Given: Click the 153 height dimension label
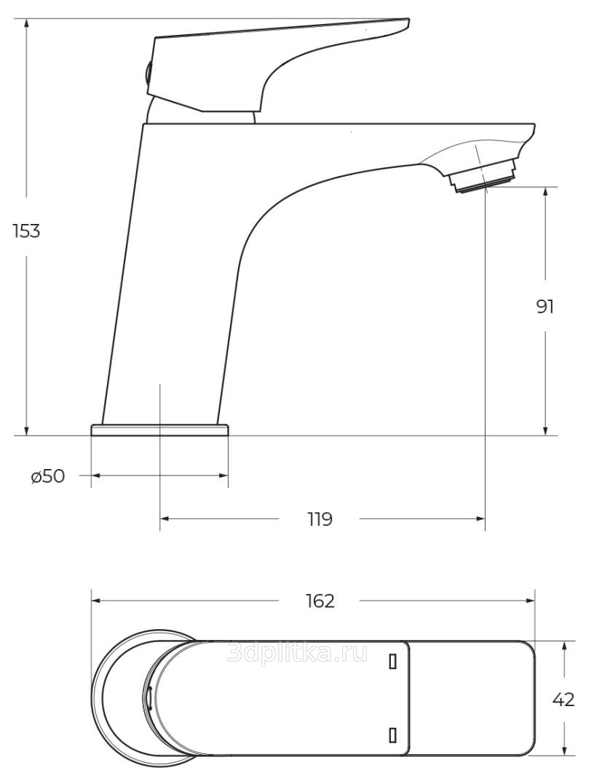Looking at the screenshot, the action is (26, 231).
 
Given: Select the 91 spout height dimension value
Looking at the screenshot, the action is (545, 307).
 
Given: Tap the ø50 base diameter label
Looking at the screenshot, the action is (48, 476).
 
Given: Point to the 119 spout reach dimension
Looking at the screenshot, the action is (320, 519).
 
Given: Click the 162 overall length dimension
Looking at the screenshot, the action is (320, 601).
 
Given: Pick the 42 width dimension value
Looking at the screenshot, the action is (563, 700).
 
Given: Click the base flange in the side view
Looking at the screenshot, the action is (159, 430).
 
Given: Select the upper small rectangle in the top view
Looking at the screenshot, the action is (392, 662).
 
